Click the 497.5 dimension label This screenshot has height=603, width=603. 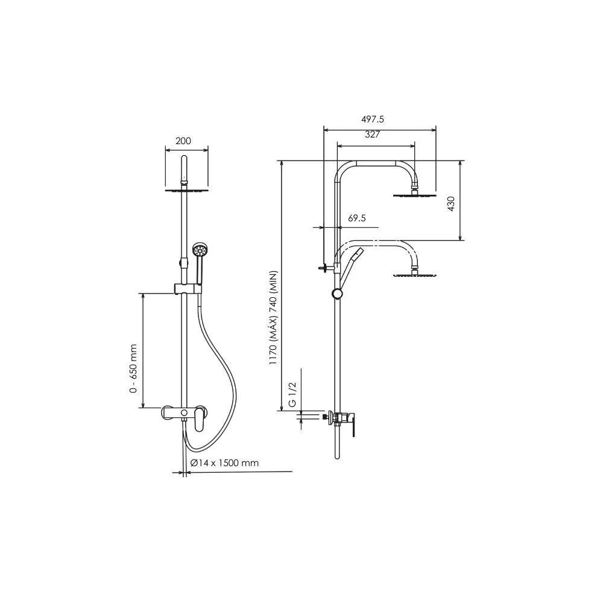click(x=372, y=119)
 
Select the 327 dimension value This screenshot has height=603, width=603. click(x=372, y=134)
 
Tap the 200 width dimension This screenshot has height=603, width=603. click(x=183, y=140)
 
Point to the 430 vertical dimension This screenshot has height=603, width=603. click(x=451, y=204)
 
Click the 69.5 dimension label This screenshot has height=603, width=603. click(x=357, y=218)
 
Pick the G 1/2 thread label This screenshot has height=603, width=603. click(x=292, y=394)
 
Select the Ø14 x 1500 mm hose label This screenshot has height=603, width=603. click(x=224, y=463)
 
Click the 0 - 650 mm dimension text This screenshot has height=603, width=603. click(x=133, y=368)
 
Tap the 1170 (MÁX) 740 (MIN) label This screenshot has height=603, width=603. click(x=273, y=318)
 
